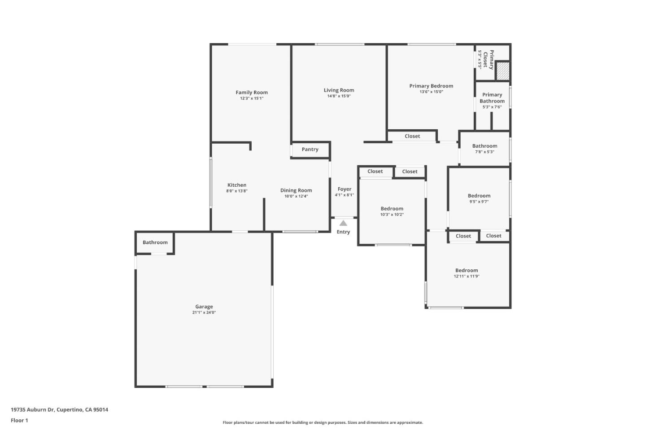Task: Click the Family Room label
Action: click(x=252, y=92)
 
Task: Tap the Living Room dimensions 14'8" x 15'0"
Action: click(x=339, y=96)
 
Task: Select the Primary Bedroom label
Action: click(x=431, y=86)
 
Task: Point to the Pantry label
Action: click(x=310, y=150)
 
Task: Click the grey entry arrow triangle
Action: click(x=343, y=223)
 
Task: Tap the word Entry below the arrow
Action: click(x=343, y=232)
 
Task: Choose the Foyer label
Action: click(x=345, y=189)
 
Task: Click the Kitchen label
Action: click(x=237, y=185)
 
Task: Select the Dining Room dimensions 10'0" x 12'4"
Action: click(x=296, y=196)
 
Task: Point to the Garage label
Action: click(x=204, y=307)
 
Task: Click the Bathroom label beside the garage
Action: click(x=155, y=242)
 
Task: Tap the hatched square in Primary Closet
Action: click(x=503, y=71)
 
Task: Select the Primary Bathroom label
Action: click(x=492, y=98)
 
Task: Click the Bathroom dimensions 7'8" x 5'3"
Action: click(x=484, y=152)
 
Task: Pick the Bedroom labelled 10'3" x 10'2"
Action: click(x=392, y=209)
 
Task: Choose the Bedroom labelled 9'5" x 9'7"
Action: click(x=479, y=196)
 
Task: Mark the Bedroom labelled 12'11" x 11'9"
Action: click(x=467, y=270)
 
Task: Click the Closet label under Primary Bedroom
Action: click(x=412, y=136)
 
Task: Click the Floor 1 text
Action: click(x=19, y=421)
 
